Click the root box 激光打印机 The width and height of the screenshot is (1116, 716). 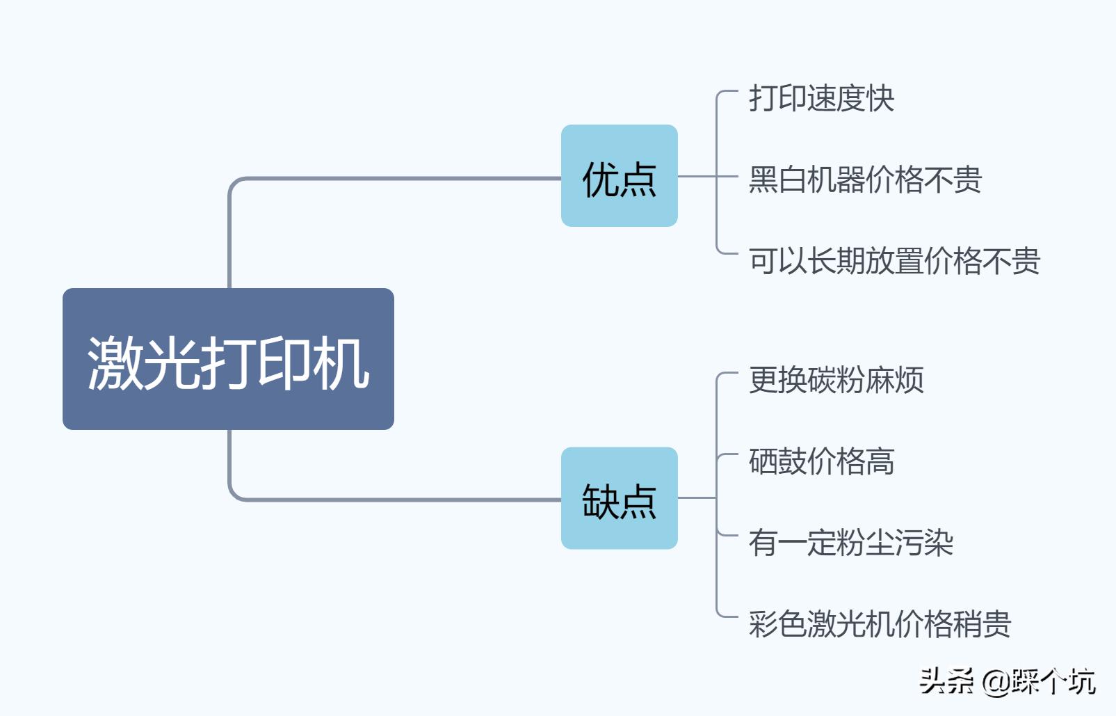pyautogui.click(x=228, y=358)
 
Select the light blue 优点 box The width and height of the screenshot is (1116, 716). pyautogui.click(x=619, y=175)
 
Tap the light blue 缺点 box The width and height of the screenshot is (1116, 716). pyautogui.click(x=619, y=498)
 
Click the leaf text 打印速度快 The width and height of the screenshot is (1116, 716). pyautogui.click(x=821, y=98)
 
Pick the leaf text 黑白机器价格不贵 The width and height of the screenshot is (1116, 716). pyautogui.click(x=865, y=180)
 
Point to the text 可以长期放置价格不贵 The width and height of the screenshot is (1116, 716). pyautogui.click(x=894, y=261)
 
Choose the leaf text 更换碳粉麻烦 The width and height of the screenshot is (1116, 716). pyautogui.click(x=836, y=380)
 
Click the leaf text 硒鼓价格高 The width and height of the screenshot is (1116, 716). pyautogui.click(x=821, y=461)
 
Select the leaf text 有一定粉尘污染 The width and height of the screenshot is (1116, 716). pyautogui.click(x=850, y=543)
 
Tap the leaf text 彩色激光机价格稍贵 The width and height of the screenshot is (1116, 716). pyautogui.click(x=880, y=624)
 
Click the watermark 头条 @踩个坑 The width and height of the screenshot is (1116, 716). pyautogui.click(x=1007, y=681)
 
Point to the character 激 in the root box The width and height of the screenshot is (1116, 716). pyautogui.click(x=115, y=363)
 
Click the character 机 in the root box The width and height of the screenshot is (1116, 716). pyautogui.click(x=341, y=363)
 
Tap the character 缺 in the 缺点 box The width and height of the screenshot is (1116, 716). pyautogui.click(x=600, y=502)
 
